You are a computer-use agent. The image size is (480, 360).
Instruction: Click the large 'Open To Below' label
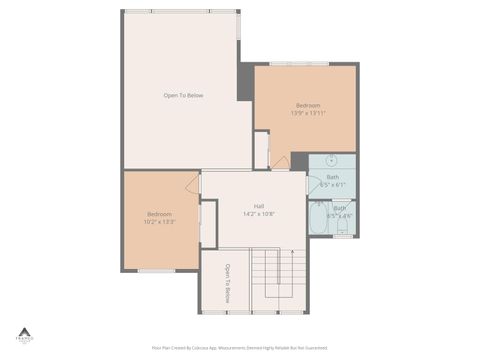point(183,95)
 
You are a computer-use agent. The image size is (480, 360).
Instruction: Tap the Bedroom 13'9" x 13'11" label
point(308,109)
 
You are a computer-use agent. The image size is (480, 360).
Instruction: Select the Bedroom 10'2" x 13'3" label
point(160,218)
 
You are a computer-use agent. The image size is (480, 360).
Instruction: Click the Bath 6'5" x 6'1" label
point(332,181)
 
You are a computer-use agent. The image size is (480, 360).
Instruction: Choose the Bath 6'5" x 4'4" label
point(340,211)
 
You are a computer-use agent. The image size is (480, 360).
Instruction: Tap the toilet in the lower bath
point(343,230)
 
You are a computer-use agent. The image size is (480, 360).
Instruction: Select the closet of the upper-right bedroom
point(261,150)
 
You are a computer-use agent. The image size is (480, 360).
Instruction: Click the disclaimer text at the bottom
point(239,348)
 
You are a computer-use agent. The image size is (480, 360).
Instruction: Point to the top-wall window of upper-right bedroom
point(299,65)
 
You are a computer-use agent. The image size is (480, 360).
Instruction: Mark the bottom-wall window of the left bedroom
point(156,271)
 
